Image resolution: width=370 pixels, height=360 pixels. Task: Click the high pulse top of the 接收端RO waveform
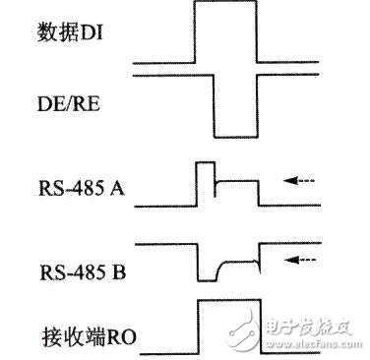(227, 300)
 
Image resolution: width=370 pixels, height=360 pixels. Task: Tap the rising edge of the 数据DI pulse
(196, 34)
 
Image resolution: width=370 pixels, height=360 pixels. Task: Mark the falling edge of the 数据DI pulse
(257, 34)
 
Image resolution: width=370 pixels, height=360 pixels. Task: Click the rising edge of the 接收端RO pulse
(197, 325)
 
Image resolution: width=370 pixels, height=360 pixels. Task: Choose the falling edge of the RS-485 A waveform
(258, 192)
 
